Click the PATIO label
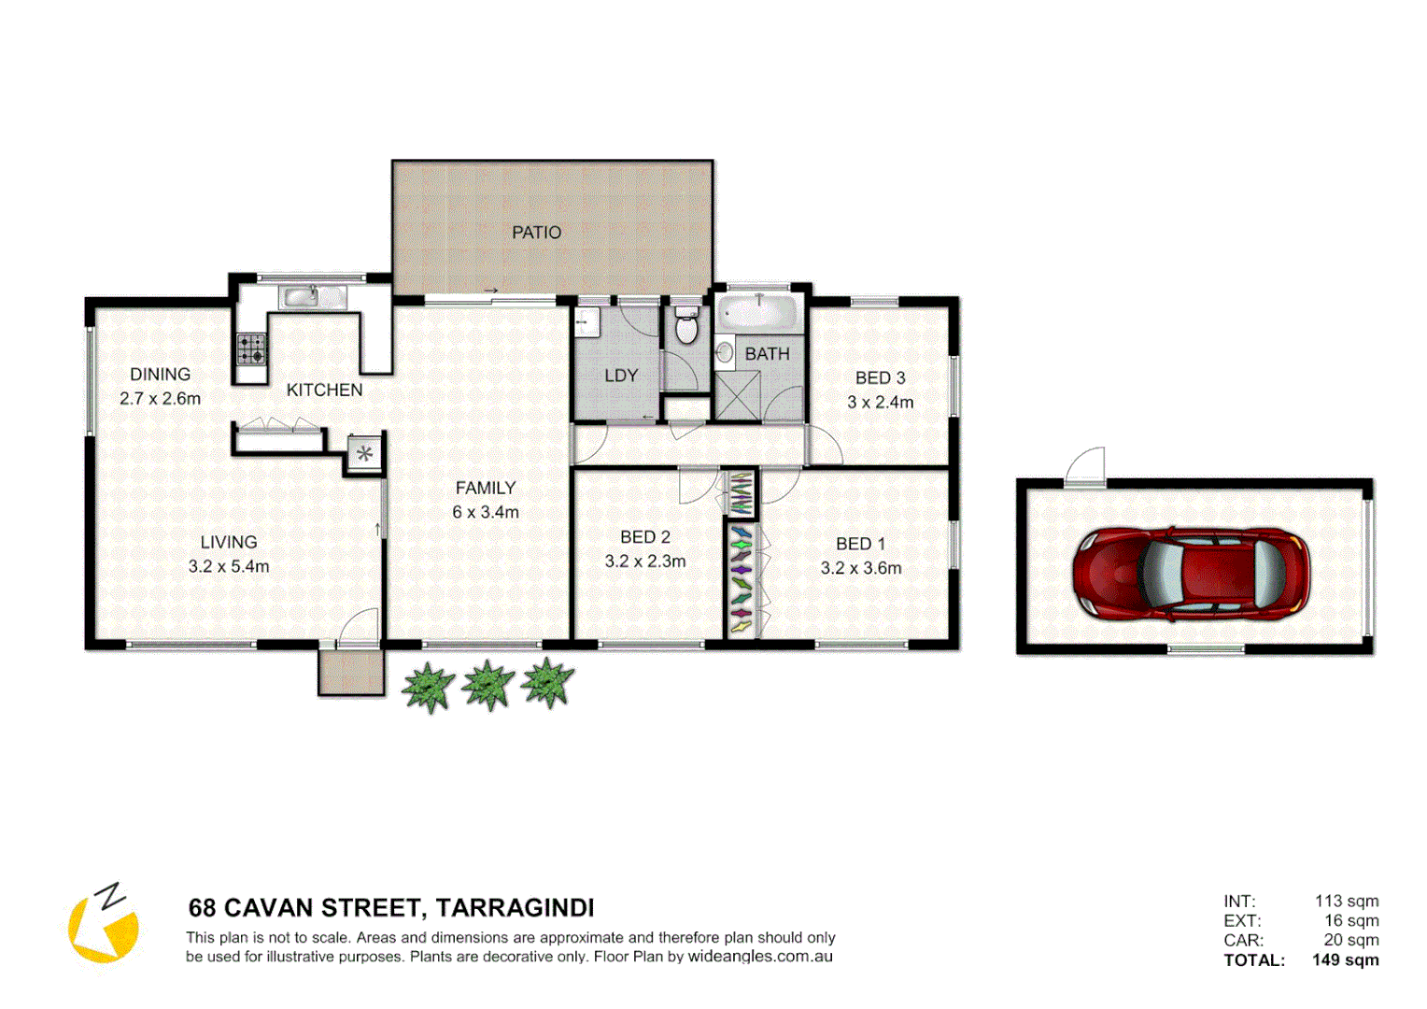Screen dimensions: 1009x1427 tap(536, 233)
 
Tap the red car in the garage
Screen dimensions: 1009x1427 tap(1191, 574)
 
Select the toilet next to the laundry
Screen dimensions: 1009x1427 tap(686, 326)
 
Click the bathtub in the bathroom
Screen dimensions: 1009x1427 tap(759, 312)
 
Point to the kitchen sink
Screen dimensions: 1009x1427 tap(301, 297)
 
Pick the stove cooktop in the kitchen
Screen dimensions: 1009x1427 tap(250, 348)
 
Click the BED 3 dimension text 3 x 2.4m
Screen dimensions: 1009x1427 tap(880, 403)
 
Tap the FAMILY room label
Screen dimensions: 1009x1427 tap(485, 488)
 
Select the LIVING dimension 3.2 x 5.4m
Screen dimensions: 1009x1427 tap(229, 566)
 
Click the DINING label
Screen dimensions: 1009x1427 tap(160, 374)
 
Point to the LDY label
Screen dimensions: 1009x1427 tap(620, 376)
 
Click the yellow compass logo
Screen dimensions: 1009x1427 tap(104, 924)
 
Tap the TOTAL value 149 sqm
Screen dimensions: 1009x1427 tap(1345, 959)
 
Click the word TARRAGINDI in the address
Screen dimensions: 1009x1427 tap(515, 908)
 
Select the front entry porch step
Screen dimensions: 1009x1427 tap(351, 673)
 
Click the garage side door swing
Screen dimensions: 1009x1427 tap(1087, 464)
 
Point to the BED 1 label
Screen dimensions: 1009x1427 tap(860, 544)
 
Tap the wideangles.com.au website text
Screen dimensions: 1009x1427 tap(760, 957)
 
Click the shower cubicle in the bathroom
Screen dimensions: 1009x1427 tap(737, 396)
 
